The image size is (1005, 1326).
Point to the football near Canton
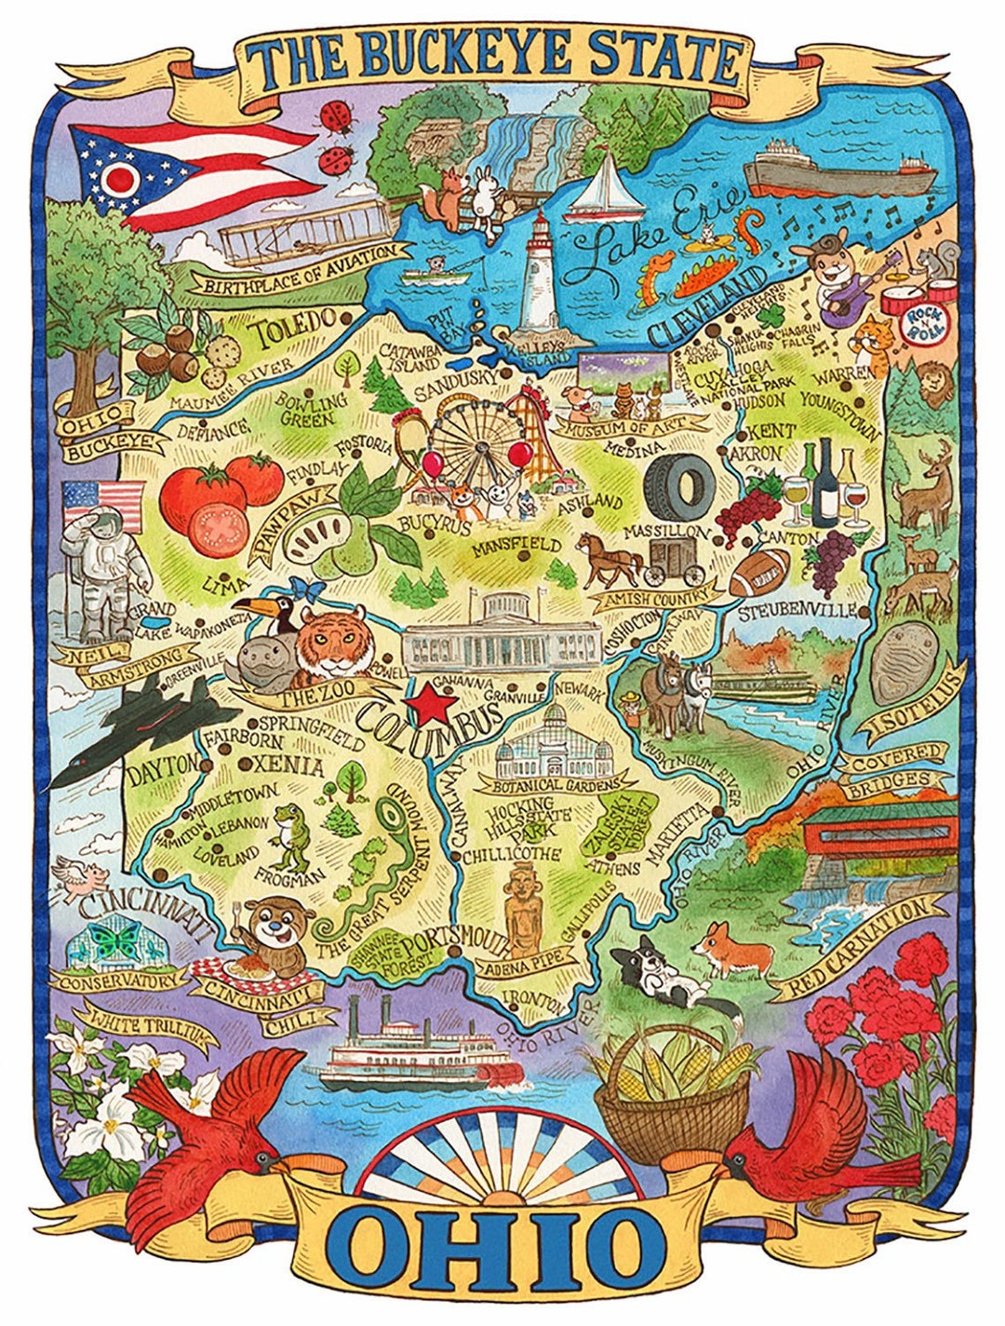[x=758, y=572]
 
